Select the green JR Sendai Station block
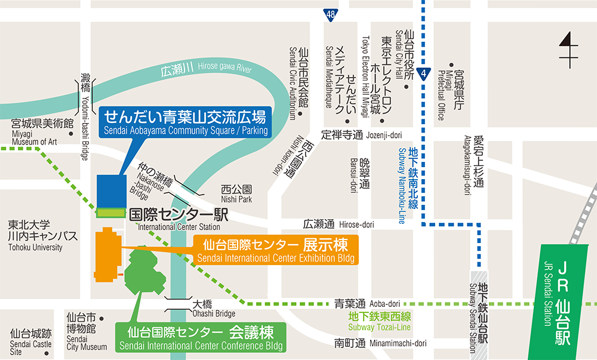pyautogui.click(x=562, y=302)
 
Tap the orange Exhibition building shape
pyautogui.click(x=107, y=254)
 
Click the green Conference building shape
pyautogui.click(x=144, y=272)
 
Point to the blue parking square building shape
pyautogui.click(x=110, y=190)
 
